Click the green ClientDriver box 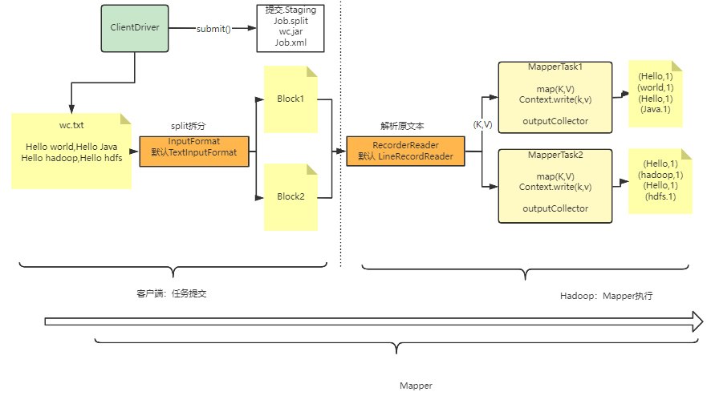pos(135,28)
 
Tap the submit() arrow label pos(213,29)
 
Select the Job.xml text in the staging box pos(290,42)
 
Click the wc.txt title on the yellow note pos(71,126)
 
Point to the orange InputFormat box pos(194,152)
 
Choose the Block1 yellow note pos(290,99)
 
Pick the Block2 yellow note pos(290,197)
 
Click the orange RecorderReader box pos(405,151)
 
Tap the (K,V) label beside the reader pos(482,124)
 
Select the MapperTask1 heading pos(555,67)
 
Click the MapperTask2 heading pos(555,155)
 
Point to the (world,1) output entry pos(656,87)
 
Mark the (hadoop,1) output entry pos(660,175)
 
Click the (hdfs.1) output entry pos(660,196)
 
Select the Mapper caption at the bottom pos(416,386)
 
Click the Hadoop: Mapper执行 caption pos(606,296)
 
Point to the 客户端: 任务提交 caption pos(172,293)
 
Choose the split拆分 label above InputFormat pos(188,126)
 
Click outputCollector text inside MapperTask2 pos(555,209)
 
